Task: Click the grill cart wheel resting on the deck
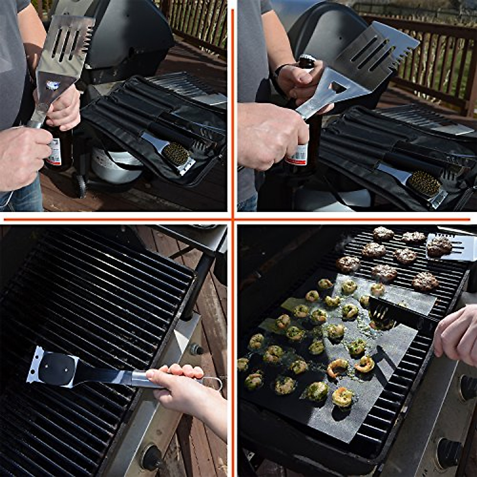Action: [81, 185]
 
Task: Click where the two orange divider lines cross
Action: [233, 218]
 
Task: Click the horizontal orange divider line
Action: [119, 219]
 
